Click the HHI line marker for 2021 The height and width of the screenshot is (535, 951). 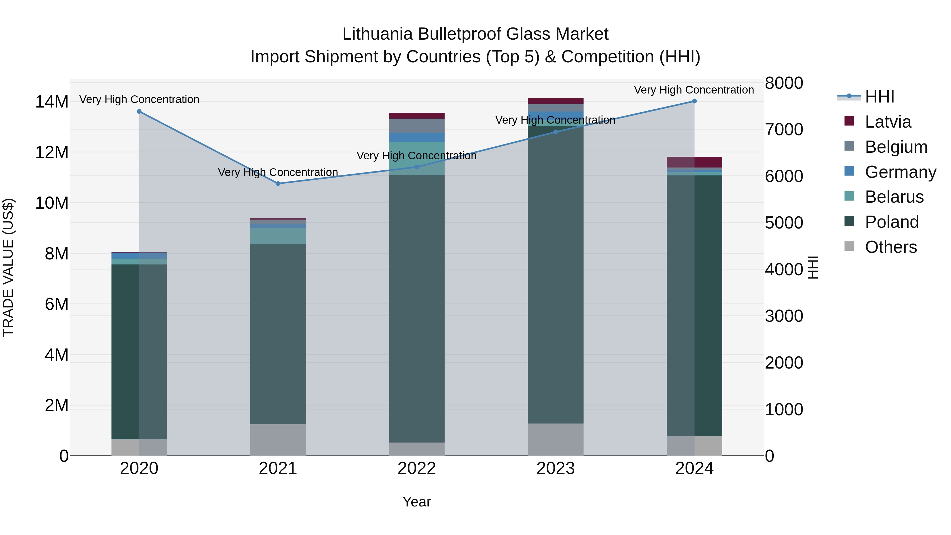278,184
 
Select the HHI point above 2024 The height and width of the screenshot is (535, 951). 694,101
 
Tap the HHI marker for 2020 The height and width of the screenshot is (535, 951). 139,111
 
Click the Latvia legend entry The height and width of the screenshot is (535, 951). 888,122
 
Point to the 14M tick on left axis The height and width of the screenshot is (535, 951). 52,102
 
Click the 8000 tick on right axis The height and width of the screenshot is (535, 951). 784,83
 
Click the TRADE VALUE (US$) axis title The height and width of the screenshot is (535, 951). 8,267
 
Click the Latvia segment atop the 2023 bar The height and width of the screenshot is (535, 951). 555,101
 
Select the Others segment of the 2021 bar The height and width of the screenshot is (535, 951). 278,439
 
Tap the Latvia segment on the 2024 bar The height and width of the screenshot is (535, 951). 694,162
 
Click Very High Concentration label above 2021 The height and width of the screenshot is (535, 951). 278,173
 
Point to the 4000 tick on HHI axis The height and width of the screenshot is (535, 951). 784,269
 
